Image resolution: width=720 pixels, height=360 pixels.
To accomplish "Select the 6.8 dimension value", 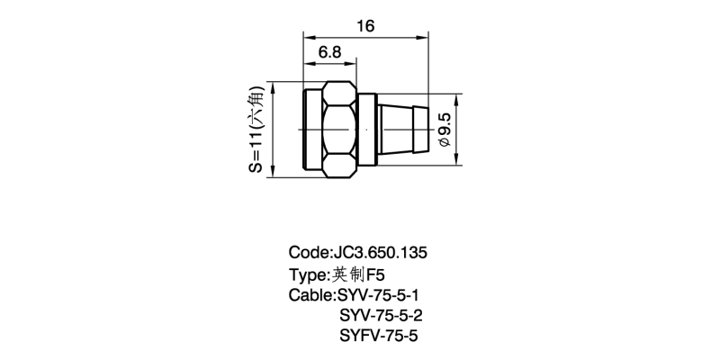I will tap(329, 53).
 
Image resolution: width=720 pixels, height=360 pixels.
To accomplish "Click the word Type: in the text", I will tap(310, 274).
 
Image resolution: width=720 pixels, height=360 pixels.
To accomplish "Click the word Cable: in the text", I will tap(311, 295).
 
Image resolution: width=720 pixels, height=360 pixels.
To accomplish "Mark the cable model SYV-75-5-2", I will tap(380, 316).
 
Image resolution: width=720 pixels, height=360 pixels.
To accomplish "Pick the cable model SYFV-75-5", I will tap(379, 337).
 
